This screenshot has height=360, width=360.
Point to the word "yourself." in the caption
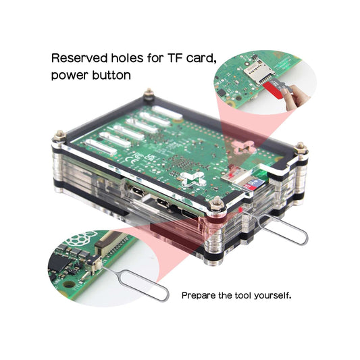pyautogui.click(x=272, y=295)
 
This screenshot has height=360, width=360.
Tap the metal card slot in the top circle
pyautogui.click(x=259, y=71)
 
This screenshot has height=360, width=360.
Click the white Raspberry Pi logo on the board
pyautogui.click(x=81, y=238)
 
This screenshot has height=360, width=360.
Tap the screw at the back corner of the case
pyautogui.click(x=149, y=93)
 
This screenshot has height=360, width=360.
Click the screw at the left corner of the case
pyautogui.click(x=59, y=136)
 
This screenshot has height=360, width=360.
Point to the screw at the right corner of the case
pyautogui.click(x=301, y=149)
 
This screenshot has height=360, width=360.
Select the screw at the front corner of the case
pyautogui.click(x=216, y=204)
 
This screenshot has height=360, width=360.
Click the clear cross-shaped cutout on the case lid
pyautogui.click(x=193, y=179)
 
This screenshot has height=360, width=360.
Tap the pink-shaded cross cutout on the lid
pyautogui.click(x=243, y=147)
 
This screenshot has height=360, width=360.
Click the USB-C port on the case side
pyautogui.click(x=190, y=215)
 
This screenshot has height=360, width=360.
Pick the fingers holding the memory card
pyautogui.click(x=294, y=96)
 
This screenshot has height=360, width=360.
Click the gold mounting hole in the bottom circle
pyautogui.click(x=69, y=284)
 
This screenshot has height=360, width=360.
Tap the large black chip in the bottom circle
pyautogui.click(x=59, y=263)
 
